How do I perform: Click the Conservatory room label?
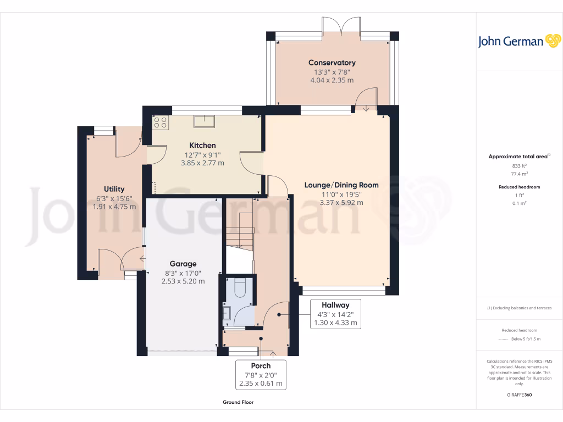click(x=332, y=63)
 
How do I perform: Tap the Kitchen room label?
click(x=203, y=145)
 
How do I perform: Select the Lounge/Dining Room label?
click(x=341, y=185)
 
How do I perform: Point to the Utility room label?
click(x=114, y=189)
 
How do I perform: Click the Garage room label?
click(x=183, y=264)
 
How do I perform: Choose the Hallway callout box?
click(x=335, y=314)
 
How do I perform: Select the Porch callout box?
click(x=261, y=374)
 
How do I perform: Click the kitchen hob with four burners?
click(x=161, y=123)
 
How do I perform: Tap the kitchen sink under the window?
click(x=203, y=121)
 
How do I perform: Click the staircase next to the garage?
click(x=239, y=231)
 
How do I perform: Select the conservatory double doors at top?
click(x=341, y=26)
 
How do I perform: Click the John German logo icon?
click(x=552, y=41)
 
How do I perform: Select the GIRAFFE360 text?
click(x=520, y=395)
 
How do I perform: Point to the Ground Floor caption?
click(x=238, y=402)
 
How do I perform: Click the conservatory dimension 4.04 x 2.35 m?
click(x=332, y=80)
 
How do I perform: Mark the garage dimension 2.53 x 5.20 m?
click(x=183, y=281)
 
